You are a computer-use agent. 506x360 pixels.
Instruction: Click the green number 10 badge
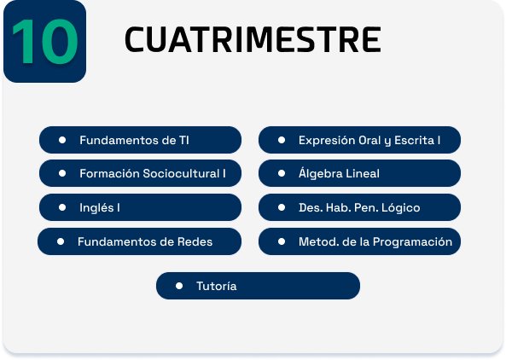45,41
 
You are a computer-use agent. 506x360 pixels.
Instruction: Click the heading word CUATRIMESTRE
253,40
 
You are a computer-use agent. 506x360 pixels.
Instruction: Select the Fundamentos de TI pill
141,140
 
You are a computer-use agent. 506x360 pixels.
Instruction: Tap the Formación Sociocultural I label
153,173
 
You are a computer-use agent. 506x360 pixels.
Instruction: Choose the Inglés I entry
141,207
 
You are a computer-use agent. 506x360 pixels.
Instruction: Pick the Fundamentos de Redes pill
139,241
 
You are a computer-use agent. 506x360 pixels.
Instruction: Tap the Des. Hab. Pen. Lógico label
359,208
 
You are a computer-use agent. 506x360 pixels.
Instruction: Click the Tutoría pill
258,286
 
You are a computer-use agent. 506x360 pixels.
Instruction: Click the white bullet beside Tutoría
179,286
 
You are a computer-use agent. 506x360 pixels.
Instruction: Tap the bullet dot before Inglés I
62,207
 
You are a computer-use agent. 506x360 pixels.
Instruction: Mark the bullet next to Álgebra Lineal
282,173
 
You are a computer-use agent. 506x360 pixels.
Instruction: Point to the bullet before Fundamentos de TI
62,140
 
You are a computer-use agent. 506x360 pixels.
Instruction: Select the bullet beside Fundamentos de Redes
61,241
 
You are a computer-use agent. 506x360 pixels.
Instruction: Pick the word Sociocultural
181,173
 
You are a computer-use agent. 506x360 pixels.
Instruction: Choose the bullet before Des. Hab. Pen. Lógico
282,207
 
